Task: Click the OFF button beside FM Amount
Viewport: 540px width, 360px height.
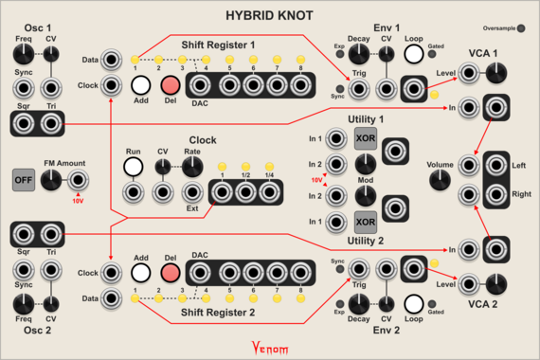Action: tap(23, 179)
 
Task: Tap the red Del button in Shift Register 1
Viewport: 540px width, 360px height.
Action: tap(170, 85)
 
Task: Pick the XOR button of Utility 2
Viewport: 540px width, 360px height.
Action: tap(365, 223)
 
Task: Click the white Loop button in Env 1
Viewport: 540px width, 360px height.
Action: tap(412, 55)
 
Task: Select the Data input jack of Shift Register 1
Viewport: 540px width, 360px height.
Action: tap(113, 61)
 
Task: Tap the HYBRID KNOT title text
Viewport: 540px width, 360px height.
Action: tap(269, 16)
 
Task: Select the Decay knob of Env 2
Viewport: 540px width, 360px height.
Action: tap(358, 304)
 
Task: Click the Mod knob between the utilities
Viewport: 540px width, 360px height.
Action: tap(365, 195)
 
